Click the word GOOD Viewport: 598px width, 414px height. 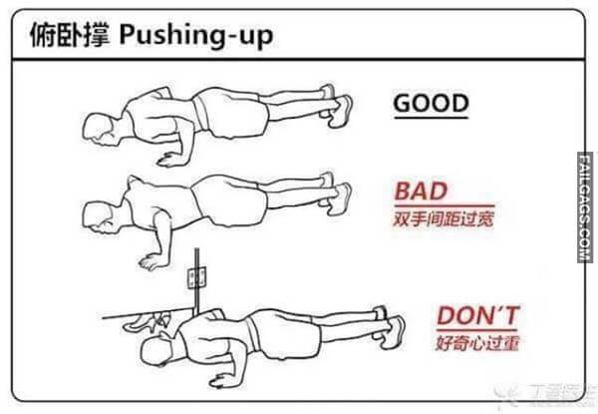pos(431,103)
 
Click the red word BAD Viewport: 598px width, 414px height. pos(421,191)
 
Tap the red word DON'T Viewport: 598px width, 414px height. pos(478,317)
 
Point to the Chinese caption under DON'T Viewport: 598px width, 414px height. pos(479,345)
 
